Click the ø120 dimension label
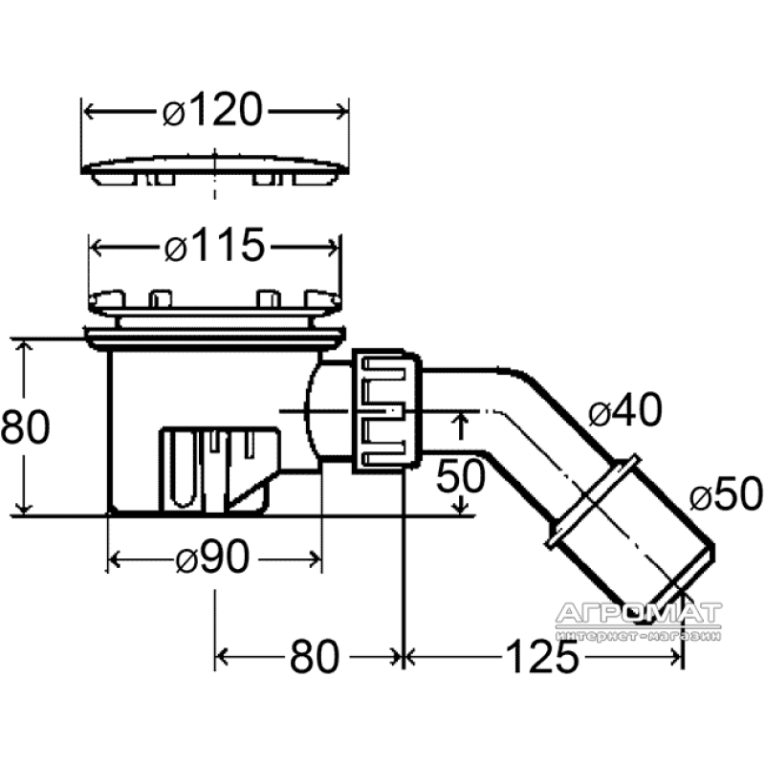pyautogui.click(x=212, y=110)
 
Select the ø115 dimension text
pyautogui.click(x=214, y=245)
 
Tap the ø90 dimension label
pyautogui.click(x=212, y=557)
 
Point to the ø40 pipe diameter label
pyautogui.click(x=625, y=410)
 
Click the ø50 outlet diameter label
pyautogui.click(x=726, y=493)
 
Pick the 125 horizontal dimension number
pyautogui.click(x=542, y=657)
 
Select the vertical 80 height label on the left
pyautogui.click(x=26, y=426)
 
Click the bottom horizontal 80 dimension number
pyautogui.click(x=315, y=657)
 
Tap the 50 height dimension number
pyautogui.click(x=461, y=475)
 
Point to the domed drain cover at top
pyautogui.click(x=214, y=169)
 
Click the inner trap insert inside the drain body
pyautogui.click(x=220, y=470)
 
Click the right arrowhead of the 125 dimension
pyautogui.click(x=676, y=658)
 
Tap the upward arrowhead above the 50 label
pyautogui.click(x=461, y=420)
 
